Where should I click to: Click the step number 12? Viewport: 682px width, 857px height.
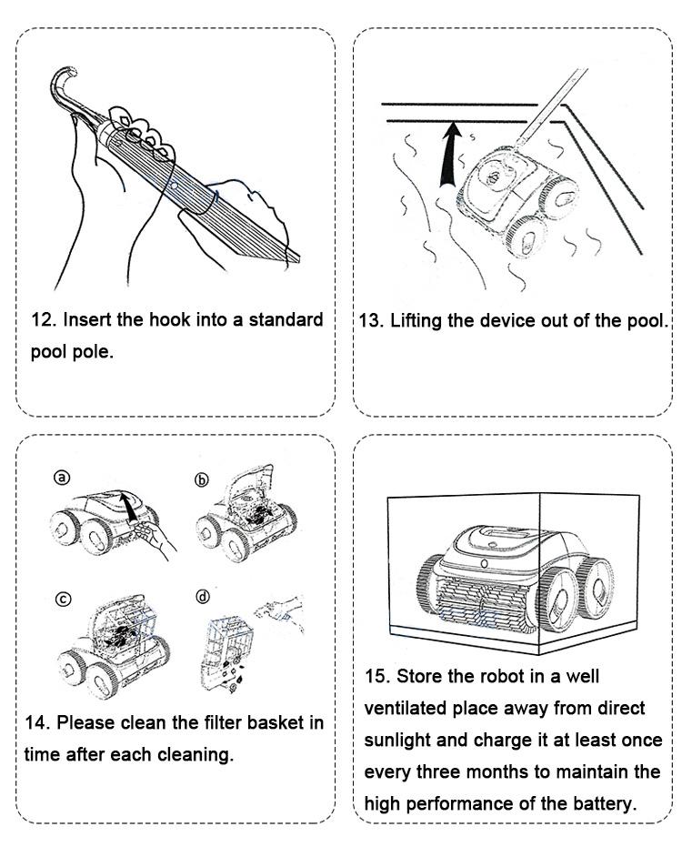(43, 321)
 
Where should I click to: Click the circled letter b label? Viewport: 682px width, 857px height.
(202, 480)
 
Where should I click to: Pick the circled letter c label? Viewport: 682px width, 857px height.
(62, 599)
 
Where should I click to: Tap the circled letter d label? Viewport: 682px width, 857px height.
(202, 597)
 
